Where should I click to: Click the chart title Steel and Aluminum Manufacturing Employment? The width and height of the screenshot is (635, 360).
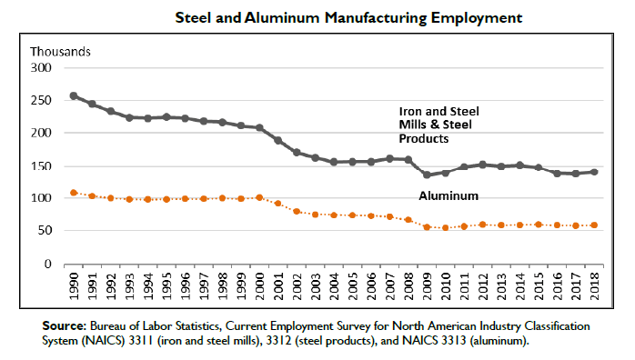(x=348, y=18)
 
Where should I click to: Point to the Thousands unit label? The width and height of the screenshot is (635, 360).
(x=60, y=52)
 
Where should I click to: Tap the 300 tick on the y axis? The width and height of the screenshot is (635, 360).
(x=41, y=67)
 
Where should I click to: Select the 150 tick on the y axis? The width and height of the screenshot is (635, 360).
(x=41, y=165)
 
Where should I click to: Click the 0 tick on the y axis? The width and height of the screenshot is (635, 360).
(x=48, y=265)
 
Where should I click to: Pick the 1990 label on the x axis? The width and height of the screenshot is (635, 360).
(x=74, y=286)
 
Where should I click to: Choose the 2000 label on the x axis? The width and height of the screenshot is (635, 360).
(x=259, y=286)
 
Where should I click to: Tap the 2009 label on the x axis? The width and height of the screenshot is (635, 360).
(x=427, y=286)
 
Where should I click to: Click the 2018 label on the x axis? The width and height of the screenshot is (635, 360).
(x=594, y=286)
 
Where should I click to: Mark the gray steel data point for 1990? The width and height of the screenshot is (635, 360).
(x=74, y=95)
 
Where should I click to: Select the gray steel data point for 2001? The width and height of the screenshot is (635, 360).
(x=278, y=140)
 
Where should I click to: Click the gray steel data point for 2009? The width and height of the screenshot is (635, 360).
(x=427, y=175)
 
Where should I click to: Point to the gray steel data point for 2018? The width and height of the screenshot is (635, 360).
(x=594, y=172)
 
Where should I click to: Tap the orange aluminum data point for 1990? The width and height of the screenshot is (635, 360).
(x=74, y=193)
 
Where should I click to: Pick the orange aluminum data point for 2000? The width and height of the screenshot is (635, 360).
(x=259, y=197)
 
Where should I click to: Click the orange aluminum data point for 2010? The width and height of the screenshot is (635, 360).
(x=446, y=228)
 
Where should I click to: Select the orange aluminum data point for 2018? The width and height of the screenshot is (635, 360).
(x=594, y=225)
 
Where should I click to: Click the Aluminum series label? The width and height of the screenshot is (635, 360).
(x=449, y=195)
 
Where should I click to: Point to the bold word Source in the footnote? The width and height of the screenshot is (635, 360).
(x=65, y=326)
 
